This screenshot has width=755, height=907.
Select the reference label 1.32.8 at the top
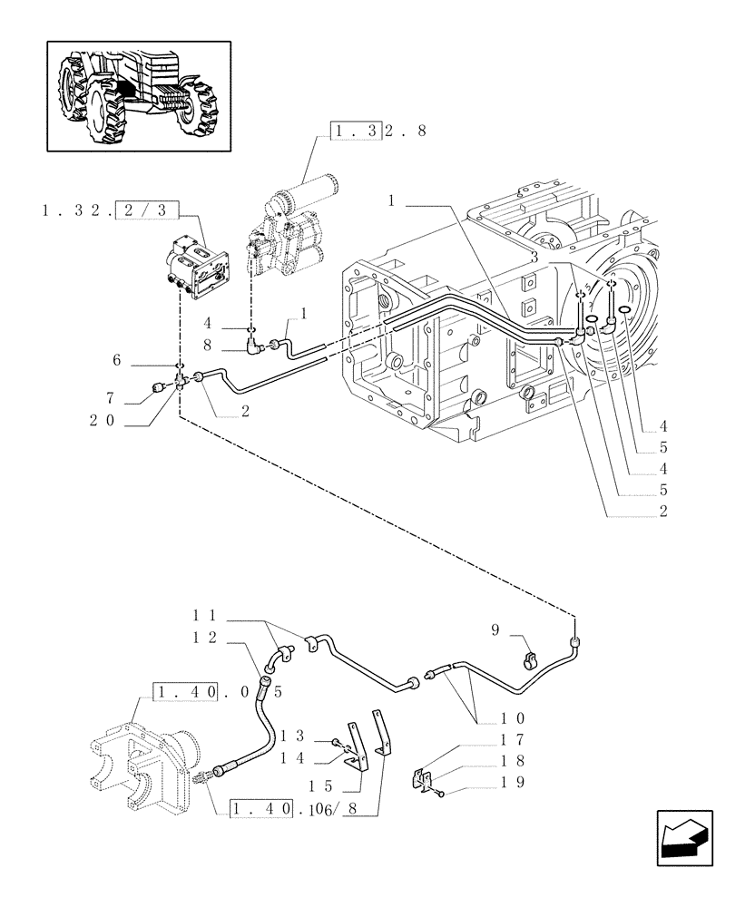[379, 132]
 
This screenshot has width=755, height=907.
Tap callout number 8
[208, 345]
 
